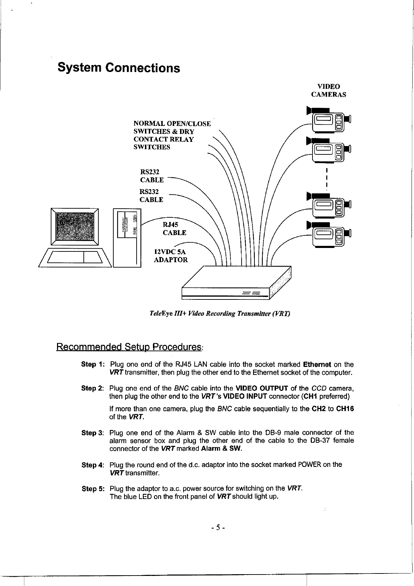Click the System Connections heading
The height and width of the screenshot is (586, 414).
pos(119,67)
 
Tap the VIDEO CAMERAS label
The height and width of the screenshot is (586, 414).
pos(328,90)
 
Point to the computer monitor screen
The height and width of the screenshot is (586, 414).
pos(75,226)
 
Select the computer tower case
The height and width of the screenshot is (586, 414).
pos(127,238)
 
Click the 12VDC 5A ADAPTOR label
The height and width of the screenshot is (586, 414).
pos(171,256)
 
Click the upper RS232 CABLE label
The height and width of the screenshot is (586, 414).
pos(152,176)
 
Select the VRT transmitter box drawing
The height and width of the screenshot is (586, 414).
pos(236,282)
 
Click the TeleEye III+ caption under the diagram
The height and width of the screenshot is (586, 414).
pos(219,314)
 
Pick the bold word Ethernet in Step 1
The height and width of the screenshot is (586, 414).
pos(317,365)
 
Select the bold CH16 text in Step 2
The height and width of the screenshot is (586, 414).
pos(345,409)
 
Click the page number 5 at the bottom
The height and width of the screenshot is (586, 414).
pos(218,528)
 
